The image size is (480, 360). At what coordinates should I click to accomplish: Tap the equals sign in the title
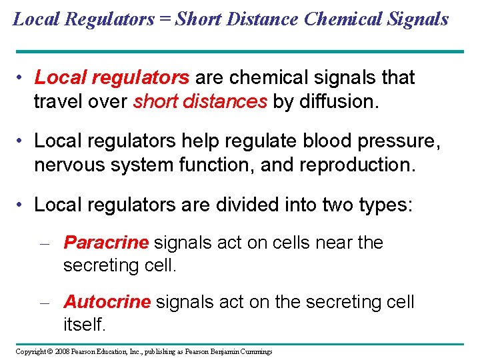pos(164,19)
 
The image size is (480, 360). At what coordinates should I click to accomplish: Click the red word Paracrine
pos(106,243)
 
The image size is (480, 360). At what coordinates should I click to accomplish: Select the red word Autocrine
pos(107,302)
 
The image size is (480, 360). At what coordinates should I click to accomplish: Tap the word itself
pos(83,325)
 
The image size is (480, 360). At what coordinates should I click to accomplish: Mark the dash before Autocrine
pos(45,303)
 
